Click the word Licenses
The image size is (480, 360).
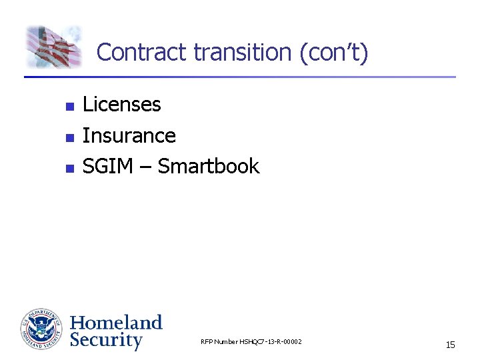point(121,105)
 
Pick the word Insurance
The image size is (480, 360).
point(129,136)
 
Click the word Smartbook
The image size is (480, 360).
point(208,167)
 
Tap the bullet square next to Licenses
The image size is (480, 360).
point(67,106)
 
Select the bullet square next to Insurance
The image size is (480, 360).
point(67,137)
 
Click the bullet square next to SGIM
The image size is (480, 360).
point(67,168)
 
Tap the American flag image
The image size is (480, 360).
point(53,47)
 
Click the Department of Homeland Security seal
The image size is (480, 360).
point(41,329)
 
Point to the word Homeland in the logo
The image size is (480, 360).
point(116,323)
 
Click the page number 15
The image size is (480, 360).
point(450,345)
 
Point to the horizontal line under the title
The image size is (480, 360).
point(240,77)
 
